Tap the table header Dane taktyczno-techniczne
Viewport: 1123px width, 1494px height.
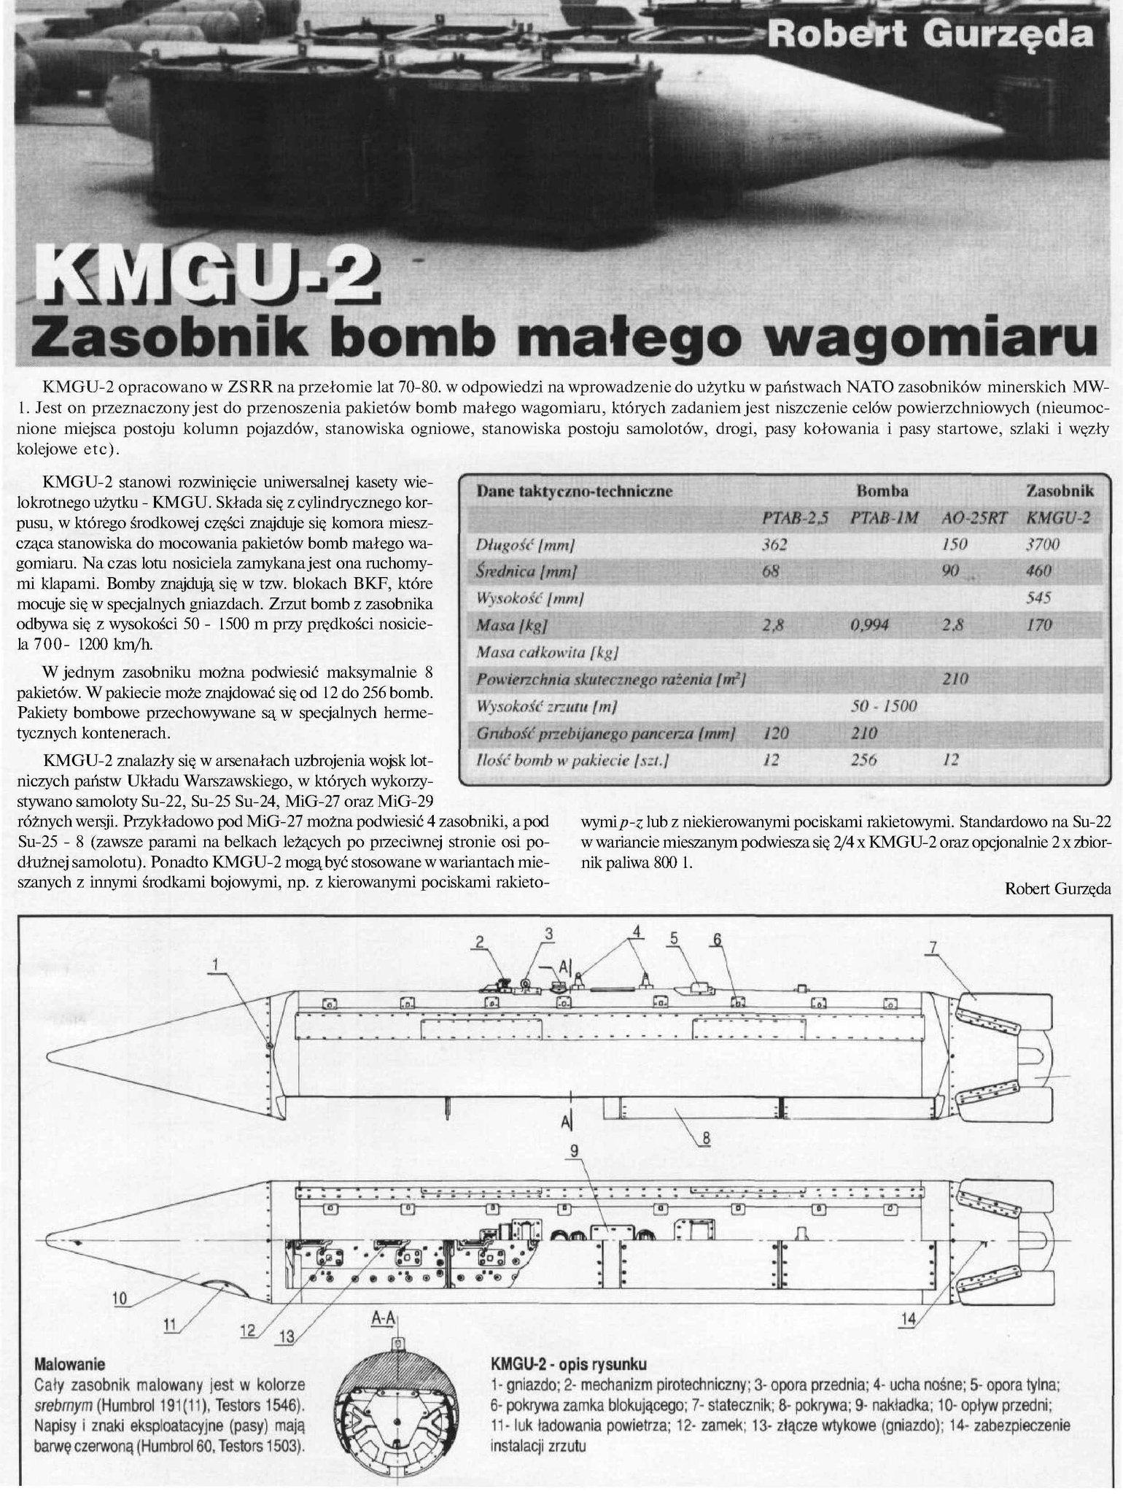pyautogui.click(x=574, y=491)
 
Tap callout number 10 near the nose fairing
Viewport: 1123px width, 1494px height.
pyautogui.click(x=120, y=1298)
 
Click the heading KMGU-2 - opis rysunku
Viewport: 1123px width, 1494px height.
pyautogui.click(x=570, y=1363)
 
